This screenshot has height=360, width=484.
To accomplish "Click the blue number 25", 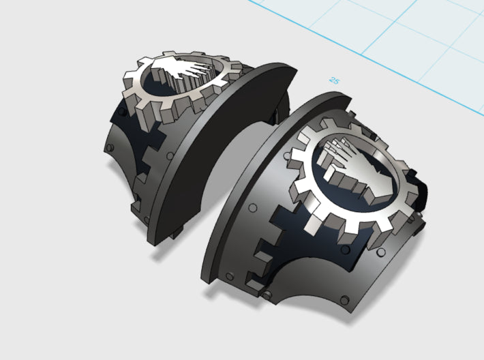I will [333, 80].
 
